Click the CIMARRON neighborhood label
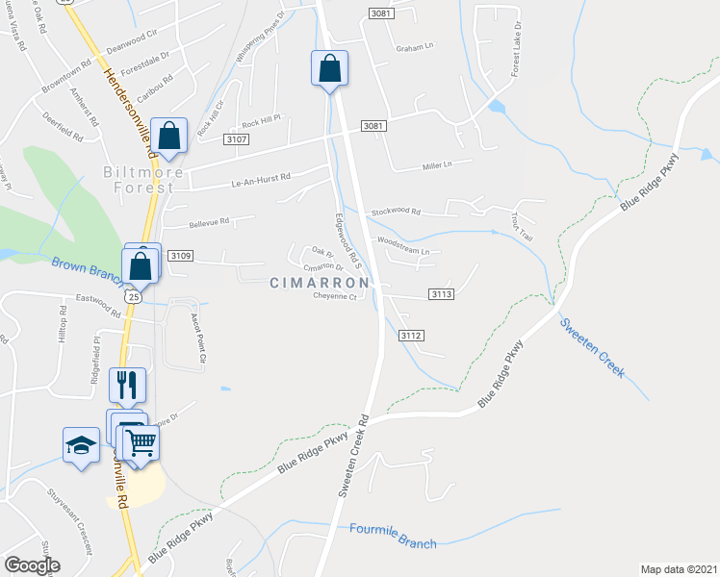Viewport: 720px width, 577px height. [319, 283]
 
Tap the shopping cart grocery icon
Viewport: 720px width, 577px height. [141, 444]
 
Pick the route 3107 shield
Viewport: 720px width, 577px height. [237, 139]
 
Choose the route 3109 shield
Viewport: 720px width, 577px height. [180, 256]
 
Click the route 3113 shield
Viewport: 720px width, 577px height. [442, 294]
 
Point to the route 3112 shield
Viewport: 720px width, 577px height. [412, 335]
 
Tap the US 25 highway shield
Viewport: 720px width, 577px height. [134, 298]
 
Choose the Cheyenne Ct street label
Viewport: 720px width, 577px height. [335, 297]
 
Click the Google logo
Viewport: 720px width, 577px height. [32, 565]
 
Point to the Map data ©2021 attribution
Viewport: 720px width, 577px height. [679, 569]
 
